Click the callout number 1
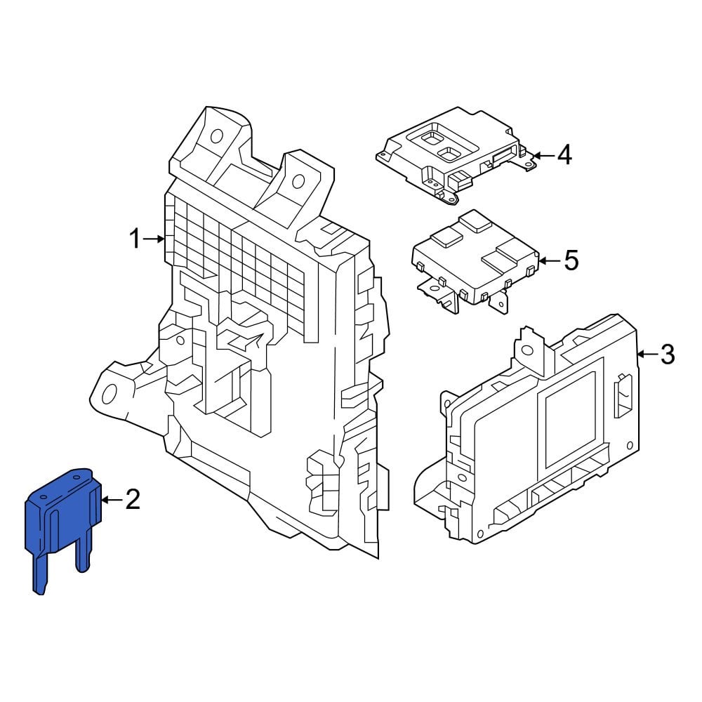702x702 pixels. (135, 240)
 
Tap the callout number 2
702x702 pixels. (133, 500)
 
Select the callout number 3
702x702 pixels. (667, 355)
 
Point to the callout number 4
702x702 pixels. (564, 155)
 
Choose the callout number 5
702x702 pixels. (571, 261)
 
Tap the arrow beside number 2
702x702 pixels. (112, 500)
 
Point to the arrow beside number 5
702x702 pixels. (550, 261)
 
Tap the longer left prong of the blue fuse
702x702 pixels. (39, 572)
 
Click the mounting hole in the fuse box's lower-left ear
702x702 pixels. (109, 394)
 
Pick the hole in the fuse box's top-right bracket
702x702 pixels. (298, 182)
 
